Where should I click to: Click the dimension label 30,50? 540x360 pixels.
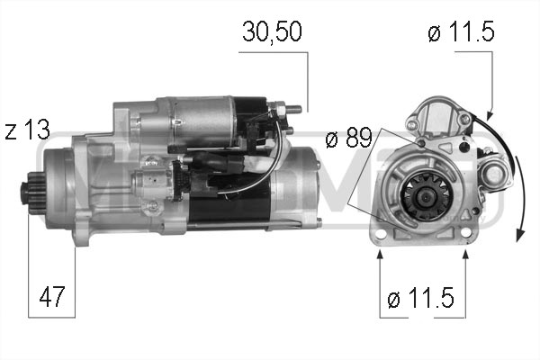[272, 31]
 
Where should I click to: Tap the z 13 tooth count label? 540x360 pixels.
[28, 130]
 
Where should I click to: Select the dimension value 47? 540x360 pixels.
[51, 296]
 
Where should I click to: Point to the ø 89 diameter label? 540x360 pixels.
[349, 137]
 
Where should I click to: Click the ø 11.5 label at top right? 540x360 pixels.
[461, 31]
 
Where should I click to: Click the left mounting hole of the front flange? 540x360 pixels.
[381, 234]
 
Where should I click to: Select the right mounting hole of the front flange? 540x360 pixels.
[465, 233]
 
